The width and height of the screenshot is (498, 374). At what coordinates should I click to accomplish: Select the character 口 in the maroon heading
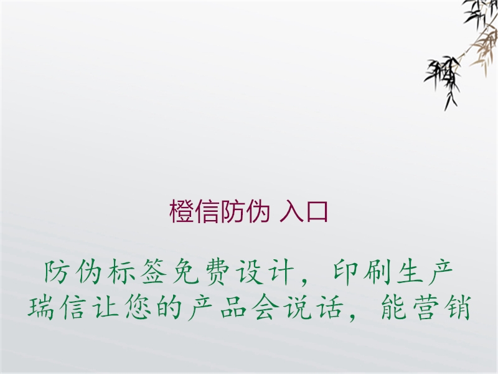[317, 213]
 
